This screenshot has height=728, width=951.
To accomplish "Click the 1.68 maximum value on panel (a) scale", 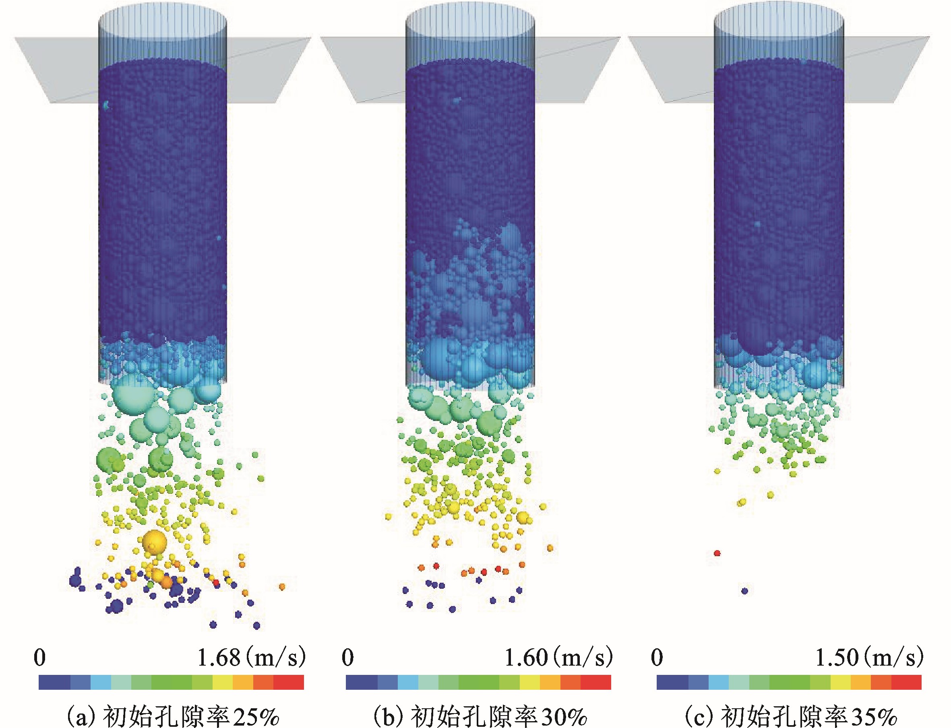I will tap(219, 658).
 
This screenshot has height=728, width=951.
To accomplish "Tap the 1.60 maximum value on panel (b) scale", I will tap(526, 658).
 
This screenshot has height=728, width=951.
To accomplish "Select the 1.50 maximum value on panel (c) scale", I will tap(837, 658).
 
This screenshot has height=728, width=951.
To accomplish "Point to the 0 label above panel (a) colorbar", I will tap(39, 658).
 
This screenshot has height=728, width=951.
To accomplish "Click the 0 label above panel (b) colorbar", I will tap(347, 658).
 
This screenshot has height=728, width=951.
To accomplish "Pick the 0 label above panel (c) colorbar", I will tap(657, 658).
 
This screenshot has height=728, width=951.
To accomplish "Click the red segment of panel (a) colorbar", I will tap(289, 682).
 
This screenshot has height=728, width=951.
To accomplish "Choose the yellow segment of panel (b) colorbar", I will tap(530, 682).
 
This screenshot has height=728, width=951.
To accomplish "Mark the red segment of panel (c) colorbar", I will tap(907, 682).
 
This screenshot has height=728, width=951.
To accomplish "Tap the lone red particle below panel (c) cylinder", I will tap(717, 553).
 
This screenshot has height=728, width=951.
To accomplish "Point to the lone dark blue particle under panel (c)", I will tap(745, 591).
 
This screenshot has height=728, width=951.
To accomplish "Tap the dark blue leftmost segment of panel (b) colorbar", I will tap(362, 682).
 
